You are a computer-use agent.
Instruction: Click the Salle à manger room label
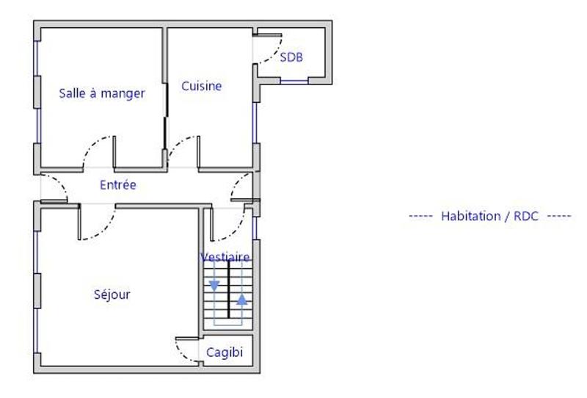pyautogui.click(x=101, y=93)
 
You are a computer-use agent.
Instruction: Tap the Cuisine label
pyautogui.click(x=202, y=86)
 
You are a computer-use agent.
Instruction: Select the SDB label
pyautogui.click(x=291, y=57)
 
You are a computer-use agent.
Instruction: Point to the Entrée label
pyautogui.click(x=118, y=185)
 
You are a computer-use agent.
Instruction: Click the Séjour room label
pyautogui.click(x=112, y=294)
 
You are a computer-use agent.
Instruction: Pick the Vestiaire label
pyautogui.click(x=225, y=257)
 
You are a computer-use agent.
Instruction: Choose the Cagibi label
pyautogui.click(x=223, y=352)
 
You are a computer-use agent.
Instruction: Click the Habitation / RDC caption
pyautogui.click(x=489, y=216)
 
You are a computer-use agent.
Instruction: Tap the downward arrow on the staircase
pyautogui.click(x=214, y=285)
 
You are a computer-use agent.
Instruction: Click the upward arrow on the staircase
pyautogui.click(x=241, y=300)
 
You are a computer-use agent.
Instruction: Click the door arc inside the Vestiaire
pyautogui.click(x=227, y=234)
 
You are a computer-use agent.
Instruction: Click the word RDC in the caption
pyautogui.click(x=526, y=216)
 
